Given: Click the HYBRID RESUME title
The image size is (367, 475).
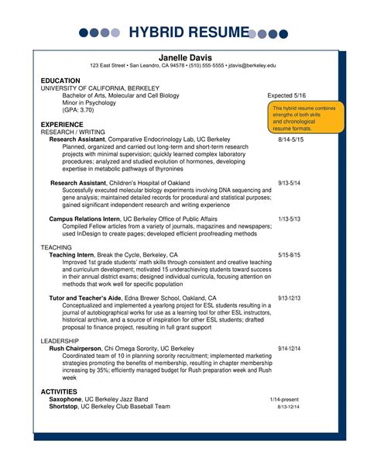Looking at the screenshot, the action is click(x=183, y=33).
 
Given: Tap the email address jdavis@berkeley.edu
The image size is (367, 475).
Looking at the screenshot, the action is click(x=252, y=67).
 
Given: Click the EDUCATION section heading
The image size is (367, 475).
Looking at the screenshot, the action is click(x=60, y=81).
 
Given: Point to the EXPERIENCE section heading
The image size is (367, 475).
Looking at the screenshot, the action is click(x=62, y=124).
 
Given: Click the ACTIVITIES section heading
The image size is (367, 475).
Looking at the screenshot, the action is click(x=59, y=392).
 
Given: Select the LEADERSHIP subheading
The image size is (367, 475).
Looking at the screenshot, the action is click(x=60, y=340).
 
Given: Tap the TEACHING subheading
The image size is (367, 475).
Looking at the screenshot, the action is click(x=56, y=246).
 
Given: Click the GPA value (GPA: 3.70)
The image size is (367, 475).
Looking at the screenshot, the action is click(x=78, y=110).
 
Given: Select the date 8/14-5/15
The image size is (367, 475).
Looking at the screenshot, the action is click(x=290, y=139).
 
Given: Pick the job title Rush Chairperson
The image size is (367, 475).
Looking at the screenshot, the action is click(x=75, y=349).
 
